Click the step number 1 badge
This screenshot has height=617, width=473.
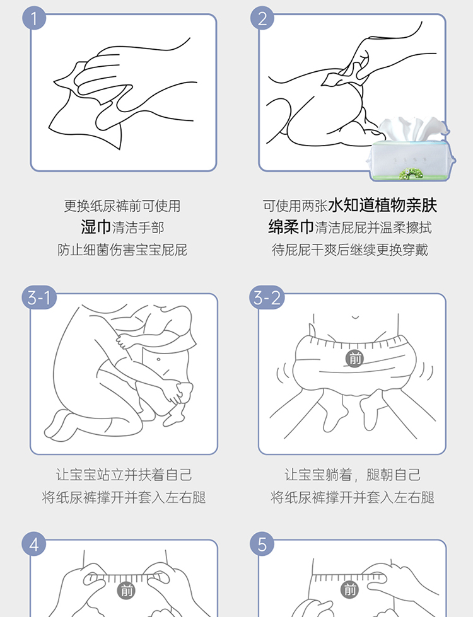click(x=34, y=18)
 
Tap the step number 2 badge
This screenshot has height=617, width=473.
click(x=262, y=18)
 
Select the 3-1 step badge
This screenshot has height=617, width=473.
click(x=39, y=297)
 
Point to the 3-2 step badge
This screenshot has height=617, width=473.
click(x=267, y=297)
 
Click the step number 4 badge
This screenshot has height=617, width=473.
click(x=34, y=544)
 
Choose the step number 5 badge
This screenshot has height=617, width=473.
click(x=262, y=544)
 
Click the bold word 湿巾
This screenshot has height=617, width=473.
click(x=96, y=227)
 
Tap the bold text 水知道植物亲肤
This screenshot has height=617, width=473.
click(x=382, y=205)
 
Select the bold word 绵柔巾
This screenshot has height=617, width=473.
click(x=291, y=227)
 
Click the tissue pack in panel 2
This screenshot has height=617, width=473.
click(x=411, y=150)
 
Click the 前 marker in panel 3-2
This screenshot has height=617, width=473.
click(x=354, y=359)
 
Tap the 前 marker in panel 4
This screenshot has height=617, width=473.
click(x=126, y=591)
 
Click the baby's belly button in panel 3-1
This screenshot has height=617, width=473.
click(x=158, y=359)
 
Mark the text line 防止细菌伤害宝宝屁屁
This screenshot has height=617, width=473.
click(x=122, y=250)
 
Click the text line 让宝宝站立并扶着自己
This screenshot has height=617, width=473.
click(x=124, y=475)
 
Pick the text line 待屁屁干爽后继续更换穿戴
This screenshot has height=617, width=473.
click(x=350, y=250)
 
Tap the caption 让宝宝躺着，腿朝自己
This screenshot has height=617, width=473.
click(x=353, y=475)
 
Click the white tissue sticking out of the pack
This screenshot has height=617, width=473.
click(x=412, y=129)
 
